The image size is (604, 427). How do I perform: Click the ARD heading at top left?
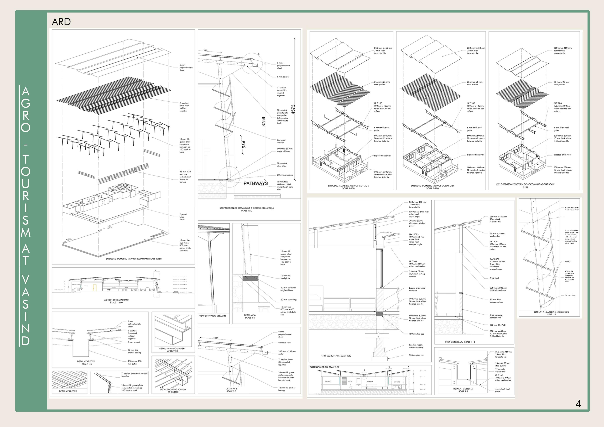61,22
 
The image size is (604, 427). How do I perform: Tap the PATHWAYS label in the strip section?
256,183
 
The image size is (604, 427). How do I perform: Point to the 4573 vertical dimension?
293,109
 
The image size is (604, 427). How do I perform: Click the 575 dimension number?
243,145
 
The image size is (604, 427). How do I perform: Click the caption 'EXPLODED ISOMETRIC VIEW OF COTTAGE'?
348,186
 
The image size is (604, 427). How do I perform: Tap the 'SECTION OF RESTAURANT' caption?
116,300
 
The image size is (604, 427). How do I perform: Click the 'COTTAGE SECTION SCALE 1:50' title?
324,367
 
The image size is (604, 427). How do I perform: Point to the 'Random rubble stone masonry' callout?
416,346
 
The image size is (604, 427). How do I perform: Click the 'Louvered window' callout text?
281,141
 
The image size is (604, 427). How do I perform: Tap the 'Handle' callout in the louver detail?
568,262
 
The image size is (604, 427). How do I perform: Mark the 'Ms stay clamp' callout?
570,295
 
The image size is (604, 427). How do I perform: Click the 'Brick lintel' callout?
494,278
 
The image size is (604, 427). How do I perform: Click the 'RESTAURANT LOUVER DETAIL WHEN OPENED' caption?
551,312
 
